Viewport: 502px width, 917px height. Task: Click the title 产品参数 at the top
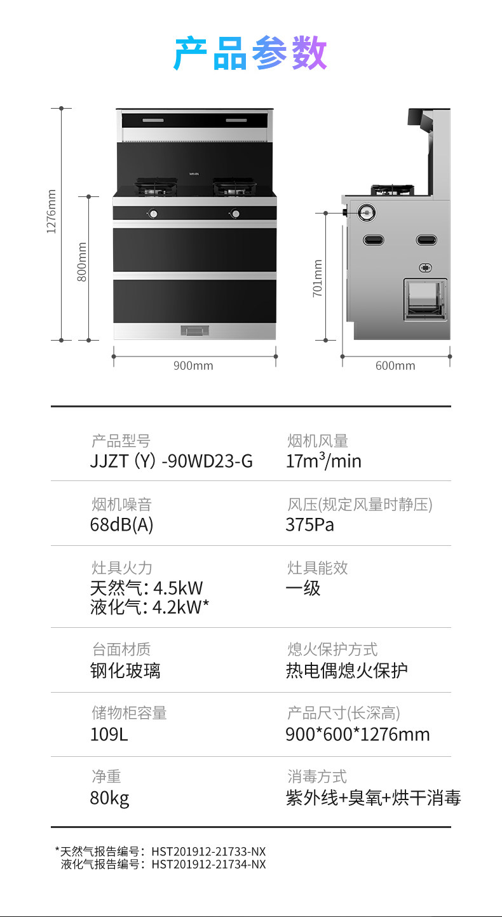(250, 54)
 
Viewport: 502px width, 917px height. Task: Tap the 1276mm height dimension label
(52, 211)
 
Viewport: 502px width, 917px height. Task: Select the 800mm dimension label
(81, 262)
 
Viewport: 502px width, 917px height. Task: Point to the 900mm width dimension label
(193, 365)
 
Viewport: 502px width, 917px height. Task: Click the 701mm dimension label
(318, 278)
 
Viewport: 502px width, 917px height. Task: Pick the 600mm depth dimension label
(395, 365)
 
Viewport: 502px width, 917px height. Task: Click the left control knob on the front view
(153, 214)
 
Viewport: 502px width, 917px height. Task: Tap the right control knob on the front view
(236, 214)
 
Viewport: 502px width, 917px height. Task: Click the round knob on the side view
(367, 212)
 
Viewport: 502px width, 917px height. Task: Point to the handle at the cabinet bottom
(195, 330)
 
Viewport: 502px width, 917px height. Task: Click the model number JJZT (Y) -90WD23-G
(172, 461)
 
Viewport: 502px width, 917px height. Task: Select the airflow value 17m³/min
(323, 461)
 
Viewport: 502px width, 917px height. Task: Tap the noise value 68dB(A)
(122, 525)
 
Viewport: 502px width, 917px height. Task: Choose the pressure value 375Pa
(310, 525)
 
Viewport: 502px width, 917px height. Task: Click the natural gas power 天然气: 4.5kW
(147, 588)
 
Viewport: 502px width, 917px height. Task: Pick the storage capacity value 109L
(109, 735)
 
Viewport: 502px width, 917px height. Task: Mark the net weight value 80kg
(109, 798)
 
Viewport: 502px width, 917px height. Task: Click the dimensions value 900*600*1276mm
(358, 735)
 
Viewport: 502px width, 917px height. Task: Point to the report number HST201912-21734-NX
(208, 864)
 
